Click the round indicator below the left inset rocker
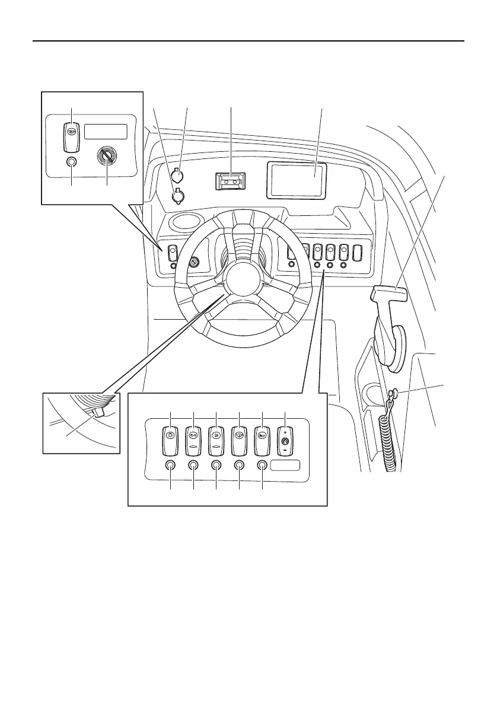pyautogui.click(x=72, y=162)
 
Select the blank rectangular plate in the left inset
pyautogui.click(x=106, y=132)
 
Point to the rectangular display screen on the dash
pyautogui.click(x=296, y=179)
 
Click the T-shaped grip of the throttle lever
pyautogui.click(x=390, y=292)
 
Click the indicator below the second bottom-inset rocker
pyautogui.click(x=193, y=466)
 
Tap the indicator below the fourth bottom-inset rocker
pyautogui.click(x=240, y=466)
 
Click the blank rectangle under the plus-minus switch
pyautogui.click(x=285, y=466)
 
